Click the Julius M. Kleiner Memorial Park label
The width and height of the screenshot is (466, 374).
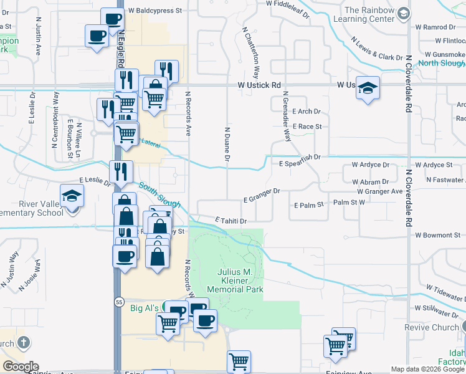pyautogui.click(x=240, y=280)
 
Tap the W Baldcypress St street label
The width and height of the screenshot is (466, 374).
pyautogui.click(x=155, y=11)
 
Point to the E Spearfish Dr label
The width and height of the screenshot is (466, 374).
pyautogui.click(x=299, y=163)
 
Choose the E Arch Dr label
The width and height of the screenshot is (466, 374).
pyautogui.click(x=306, y=112)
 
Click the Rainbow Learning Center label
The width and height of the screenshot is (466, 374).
pyautogui.click(x=369, y=15)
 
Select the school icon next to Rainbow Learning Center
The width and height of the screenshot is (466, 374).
pyautogui.click(x=404, y=13)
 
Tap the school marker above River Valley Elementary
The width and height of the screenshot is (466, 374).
pyautogui.click(x=72, y=195)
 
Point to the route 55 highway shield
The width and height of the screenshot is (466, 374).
pyautogui.click(x=118, y=302)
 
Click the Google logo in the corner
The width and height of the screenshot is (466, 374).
pyautogui.click(x=21, y=367)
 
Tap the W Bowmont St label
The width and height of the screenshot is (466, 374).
pyautogui.click(x=437, y=235)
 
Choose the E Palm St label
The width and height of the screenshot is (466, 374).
pyautogui.click(x=309, y=204)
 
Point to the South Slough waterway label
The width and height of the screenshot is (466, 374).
pyautogui.click(x=159, y=194)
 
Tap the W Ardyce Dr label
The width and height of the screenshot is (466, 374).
pyautogui.click(x=370, y=165)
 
